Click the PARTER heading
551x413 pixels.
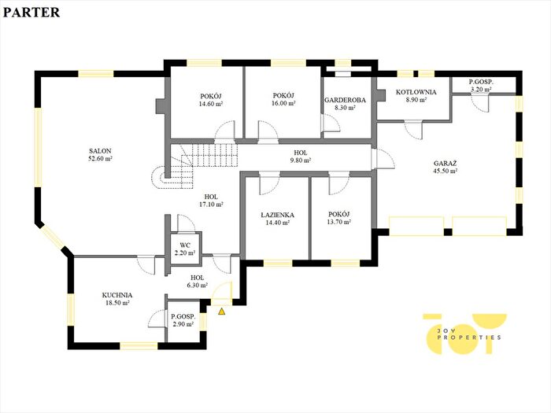31,13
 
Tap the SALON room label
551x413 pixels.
100,151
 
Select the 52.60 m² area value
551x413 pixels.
100,159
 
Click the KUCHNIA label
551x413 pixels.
117,295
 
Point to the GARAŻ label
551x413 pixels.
446,164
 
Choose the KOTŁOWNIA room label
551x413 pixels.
416,92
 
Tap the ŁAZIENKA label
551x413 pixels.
278,215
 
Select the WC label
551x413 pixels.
185,245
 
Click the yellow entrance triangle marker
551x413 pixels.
221,312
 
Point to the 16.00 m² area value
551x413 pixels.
283,103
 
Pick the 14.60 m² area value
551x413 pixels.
211,104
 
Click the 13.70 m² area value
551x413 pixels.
338,222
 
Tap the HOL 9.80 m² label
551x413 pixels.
301,157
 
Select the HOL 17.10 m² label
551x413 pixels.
211,201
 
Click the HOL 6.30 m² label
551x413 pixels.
197,282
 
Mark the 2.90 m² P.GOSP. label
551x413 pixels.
183,320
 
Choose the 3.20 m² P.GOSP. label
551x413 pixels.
481,86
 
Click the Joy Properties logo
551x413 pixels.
464,334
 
